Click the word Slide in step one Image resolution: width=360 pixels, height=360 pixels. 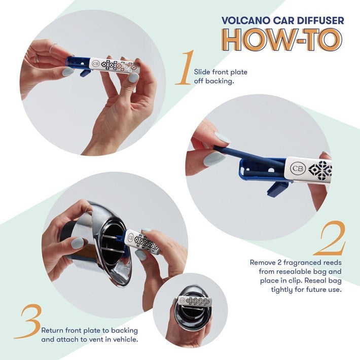202,72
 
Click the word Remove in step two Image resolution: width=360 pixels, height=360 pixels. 263,263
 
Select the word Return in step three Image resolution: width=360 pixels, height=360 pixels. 53,330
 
